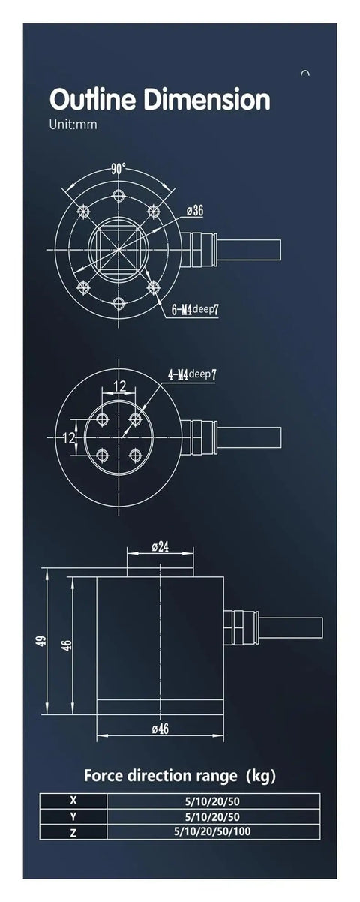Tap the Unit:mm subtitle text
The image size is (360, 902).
[73, 125]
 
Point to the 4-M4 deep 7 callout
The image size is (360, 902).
[191, 374]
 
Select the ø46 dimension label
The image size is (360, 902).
[159, 729]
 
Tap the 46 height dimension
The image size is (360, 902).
[66, 645]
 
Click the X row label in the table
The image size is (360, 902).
[73, 801]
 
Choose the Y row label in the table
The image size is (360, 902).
[73, 816]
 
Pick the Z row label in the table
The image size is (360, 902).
[73, 831]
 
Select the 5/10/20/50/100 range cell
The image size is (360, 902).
[213, 831]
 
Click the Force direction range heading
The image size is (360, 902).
[184, 774]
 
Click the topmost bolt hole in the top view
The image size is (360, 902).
[118, 195]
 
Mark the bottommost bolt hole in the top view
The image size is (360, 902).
[118, 302]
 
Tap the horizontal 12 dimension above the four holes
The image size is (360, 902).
[119, 386]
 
